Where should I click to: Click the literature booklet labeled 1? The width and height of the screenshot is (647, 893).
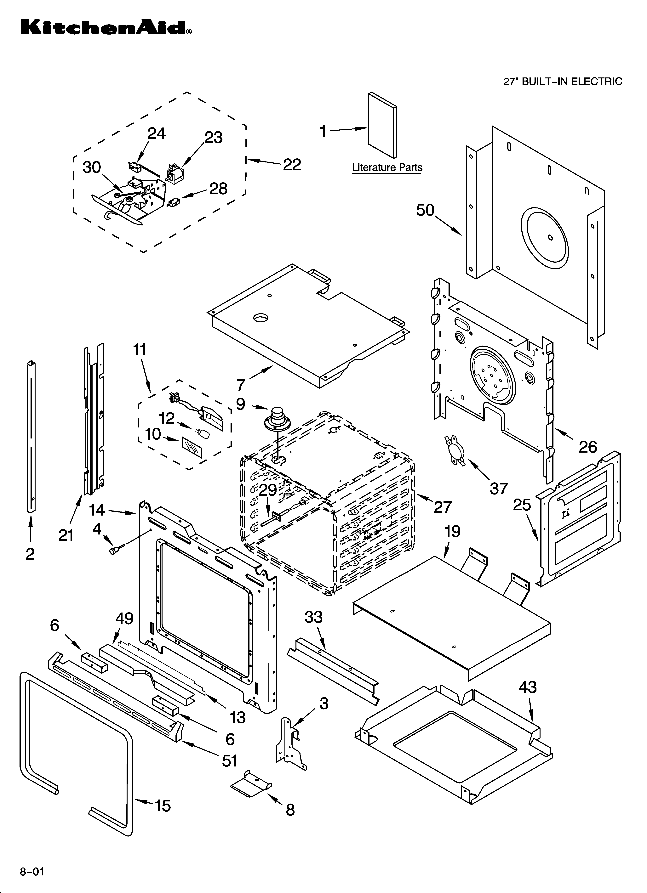[382, 125]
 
